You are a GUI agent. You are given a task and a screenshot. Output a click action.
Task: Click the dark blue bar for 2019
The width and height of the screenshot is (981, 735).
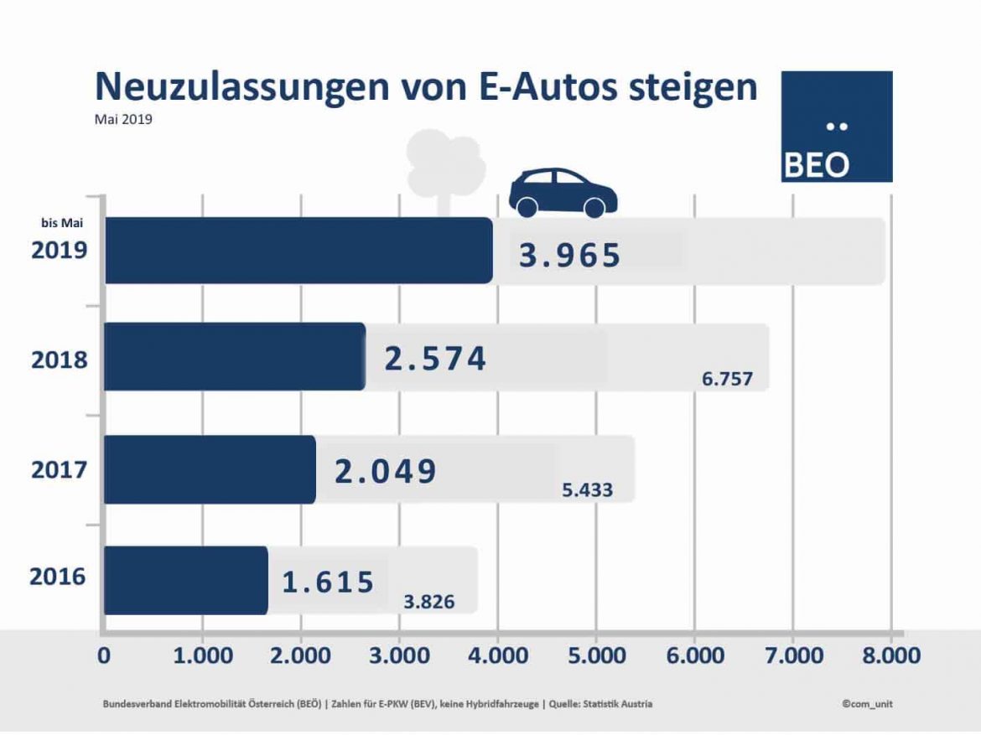point(298,251)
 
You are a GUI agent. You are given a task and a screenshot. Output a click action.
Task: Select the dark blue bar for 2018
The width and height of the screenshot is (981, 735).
point(235,356)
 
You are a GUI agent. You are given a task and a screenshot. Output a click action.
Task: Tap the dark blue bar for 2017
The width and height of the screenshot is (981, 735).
point(210,469)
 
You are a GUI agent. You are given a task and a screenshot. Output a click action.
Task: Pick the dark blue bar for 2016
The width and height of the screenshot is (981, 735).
point(185,580)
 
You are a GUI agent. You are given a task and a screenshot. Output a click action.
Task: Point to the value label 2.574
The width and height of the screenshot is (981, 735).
point(435,359)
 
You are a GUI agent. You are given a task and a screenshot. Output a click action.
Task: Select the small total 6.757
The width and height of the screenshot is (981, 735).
point(727,380)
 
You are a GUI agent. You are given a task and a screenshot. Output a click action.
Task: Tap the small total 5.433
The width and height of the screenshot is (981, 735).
point(587,490)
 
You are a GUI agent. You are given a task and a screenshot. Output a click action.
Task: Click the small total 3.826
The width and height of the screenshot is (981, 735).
point(428,602)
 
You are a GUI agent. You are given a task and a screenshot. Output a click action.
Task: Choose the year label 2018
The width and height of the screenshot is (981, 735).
point(60,360)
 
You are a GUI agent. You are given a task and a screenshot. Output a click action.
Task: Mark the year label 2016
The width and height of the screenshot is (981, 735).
point(58,577)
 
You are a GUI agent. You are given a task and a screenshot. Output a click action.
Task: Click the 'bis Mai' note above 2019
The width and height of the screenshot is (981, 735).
point(62,223)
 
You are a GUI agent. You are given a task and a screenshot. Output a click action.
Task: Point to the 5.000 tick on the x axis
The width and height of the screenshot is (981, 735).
point(595,655)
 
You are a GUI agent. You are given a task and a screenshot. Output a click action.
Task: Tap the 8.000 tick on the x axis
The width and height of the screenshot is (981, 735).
point(890,655)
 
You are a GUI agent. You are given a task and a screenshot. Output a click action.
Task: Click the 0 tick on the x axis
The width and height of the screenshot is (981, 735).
point(104,655)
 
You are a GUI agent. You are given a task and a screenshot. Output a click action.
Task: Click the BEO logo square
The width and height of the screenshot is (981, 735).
point(837,127)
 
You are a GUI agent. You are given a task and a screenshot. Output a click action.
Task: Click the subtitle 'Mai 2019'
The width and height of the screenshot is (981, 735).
point(122,119)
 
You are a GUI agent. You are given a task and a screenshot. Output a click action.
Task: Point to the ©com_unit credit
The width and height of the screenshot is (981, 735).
point(867,704)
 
